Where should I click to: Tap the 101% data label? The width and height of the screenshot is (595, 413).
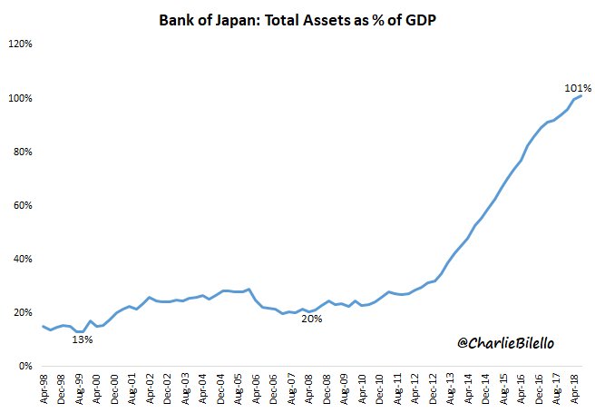click(578, 88)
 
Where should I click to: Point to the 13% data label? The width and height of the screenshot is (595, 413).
click(83, 339)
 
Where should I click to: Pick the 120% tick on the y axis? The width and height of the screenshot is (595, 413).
click(20, 44)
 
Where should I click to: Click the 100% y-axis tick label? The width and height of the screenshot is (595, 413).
click(20, 98)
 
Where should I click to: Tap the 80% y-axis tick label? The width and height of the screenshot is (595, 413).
click(22, 152)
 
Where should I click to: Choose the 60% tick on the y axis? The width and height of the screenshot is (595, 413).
click(22, 205)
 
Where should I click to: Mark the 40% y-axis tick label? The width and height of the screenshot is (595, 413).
click(22, 259)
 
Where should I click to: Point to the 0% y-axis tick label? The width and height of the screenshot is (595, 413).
click(24, 366)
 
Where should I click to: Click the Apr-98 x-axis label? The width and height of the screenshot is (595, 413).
click(44, 386)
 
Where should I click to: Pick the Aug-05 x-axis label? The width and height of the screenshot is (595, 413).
click(239, 386)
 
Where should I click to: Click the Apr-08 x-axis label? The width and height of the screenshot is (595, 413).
click(310, 386)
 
